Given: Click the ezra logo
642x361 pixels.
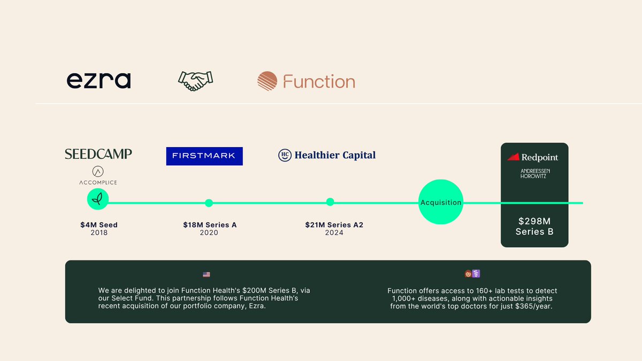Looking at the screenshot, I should coord(98,81).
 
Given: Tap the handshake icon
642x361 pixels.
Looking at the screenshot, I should coord(195,81).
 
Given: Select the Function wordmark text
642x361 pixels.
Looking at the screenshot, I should coord(319,82).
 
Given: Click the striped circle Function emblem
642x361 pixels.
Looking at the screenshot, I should coord(267,81).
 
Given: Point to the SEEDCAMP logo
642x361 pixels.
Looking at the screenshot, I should coord(98,154).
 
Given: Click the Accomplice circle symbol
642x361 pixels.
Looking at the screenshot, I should coord(98,172).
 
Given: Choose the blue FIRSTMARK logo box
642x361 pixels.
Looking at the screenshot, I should coord(204,156).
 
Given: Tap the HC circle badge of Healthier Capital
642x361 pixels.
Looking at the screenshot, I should coord(285,155).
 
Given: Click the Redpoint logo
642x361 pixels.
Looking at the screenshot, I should coord(532,157).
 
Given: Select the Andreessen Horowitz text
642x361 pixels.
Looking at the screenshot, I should coord(535,173).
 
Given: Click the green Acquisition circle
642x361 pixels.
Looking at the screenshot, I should coord(441,202).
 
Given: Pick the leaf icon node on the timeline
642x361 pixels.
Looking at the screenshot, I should coord(98,200).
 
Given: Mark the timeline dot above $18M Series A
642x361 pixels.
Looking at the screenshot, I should coord(209,203).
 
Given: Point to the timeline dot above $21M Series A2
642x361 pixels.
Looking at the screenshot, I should coord(330,202).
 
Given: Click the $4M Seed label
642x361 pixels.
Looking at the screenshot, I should coord(99,225).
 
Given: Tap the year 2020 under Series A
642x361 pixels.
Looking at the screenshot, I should coord(209,233).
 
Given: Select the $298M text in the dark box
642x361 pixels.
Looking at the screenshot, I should coord(534,221).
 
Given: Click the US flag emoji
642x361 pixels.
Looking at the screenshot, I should coord(207,274).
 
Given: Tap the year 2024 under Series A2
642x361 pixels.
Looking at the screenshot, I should coord(334,233).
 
